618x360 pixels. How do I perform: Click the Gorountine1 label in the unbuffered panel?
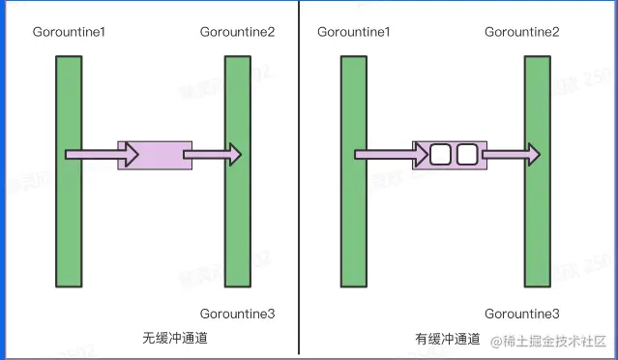pos(69,33)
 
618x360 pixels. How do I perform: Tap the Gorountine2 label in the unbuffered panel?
pos(238,33)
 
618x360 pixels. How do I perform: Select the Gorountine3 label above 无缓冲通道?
pos(238,314)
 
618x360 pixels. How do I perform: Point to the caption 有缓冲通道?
pos(448,339)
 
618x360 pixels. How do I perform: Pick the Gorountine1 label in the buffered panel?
pos(354,33)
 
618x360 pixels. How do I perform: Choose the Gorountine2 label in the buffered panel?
pos(522,33)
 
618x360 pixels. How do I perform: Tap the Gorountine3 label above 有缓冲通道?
pos(522,314)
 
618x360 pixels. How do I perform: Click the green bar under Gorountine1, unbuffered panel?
pos(69,223)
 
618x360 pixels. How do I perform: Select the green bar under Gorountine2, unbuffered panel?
pos(238,223)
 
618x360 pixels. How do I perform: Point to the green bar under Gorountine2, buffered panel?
pos(538,223)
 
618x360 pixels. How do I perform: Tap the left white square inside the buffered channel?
pos(441,154)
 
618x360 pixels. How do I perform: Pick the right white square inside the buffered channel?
pos(467,154)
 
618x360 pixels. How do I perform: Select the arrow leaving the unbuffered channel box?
pos(211,154)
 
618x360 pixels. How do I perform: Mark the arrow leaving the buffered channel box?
pos(511,154)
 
